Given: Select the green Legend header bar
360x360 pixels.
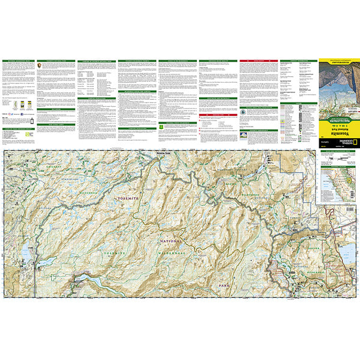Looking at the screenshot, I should [296, 103].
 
